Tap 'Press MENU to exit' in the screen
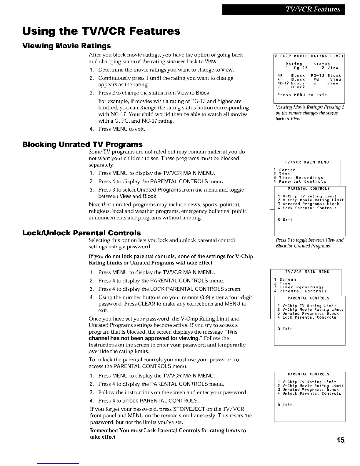pos(302,95)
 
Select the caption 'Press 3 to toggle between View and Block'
pos(309,243)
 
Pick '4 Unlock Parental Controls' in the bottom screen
pos(309,393)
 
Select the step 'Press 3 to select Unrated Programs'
pos(171,190)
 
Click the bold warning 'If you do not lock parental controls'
pos(171,259)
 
